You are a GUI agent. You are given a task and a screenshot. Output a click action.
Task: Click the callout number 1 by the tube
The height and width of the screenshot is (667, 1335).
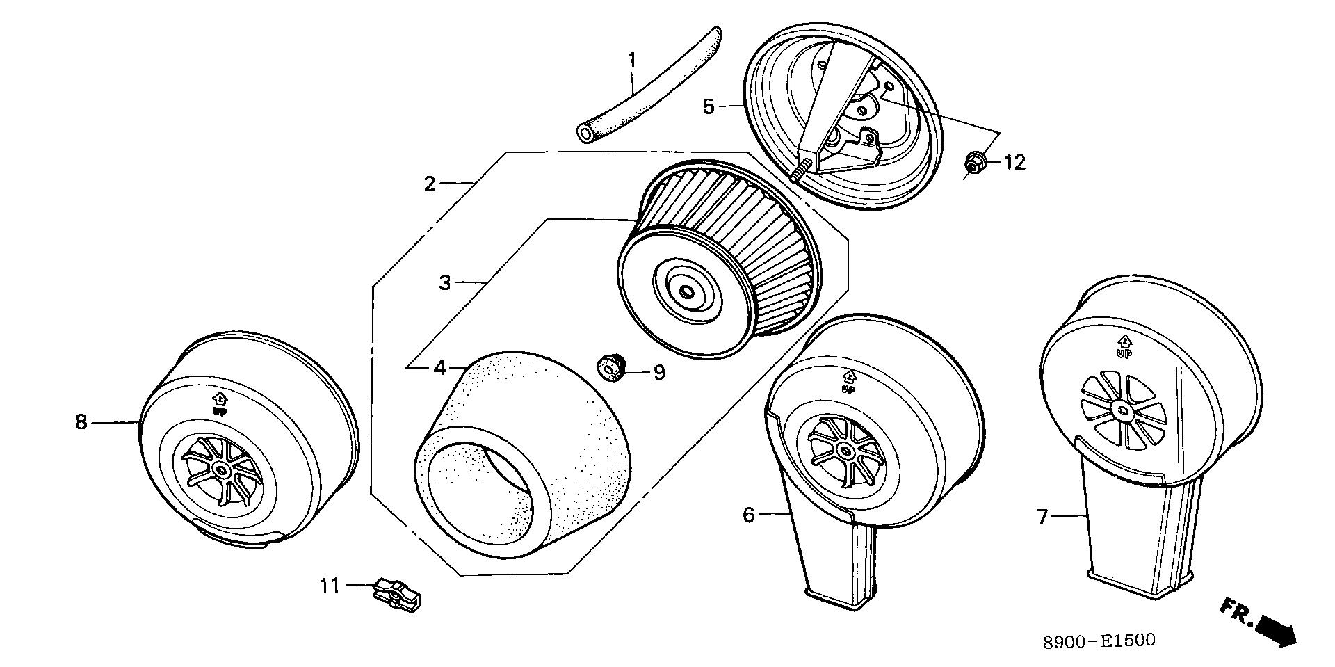[x=631, y=61]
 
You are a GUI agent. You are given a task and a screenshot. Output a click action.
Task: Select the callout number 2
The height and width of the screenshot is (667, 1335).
[x=430, y=184]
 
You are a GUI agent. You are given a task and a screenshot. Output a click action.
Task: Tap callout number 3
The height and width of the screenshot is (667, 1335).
[x=445, y=283]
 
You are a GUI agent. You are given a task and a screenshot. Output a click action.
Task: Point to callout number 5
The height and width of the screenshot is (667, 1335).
[x=708, y=106]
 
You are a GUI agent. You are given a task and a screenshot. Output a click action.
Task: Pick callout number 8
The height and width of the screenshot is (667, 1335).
[x=81, y=421]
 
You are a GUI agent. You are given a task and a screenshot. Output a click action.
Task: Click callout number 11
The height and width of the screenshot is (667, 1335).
[x=330, y=586]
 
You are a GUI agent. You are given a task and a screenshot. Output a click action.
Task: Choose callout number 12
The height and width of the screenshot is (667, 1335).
[x=1014, y=163]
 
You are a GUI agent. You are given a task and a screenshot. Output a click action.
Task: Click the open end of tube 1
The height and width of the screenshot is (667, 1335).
[x=585, y=132]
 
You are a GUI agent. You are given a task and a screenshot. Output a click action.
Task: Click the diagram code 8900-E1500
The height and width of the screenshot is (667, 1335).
[x=1099, y=641]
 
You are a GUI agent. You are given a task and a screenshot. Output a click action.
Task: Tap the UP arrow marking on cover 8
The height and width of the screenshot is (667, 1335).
[x=220, y=403]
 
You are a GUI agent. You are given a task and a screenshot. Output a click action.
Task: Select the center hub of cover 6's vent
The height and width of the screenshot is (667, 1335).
[x=846, y=451]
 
